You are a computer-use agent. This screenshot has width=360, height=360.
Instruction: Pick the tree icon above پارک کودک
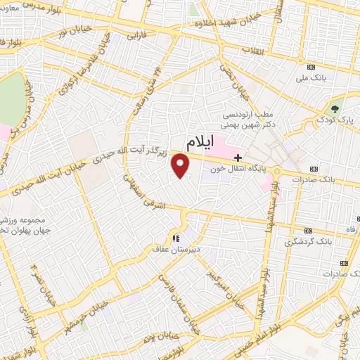coord(335,109)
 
